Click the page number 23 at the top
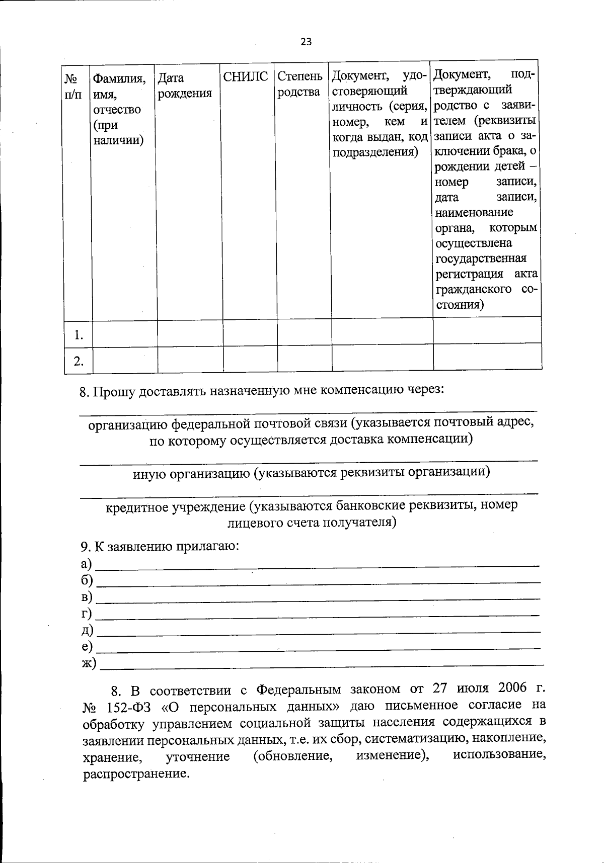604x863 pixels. (306, 42)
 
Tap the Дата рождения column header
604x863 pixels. (184, 85)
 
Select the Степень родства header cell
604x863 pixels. (299, 84)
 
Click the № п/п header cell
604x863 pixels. (73, 85)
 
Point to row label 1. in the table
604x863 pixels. (78, 335)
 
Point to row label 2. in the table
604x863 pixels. (78, 361)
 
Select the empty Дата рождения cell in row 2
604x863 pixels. (190, 360)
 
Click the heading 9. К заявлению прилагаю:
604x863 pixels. (160, 547)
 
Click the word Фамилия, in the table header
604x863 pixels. (119, 78)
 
